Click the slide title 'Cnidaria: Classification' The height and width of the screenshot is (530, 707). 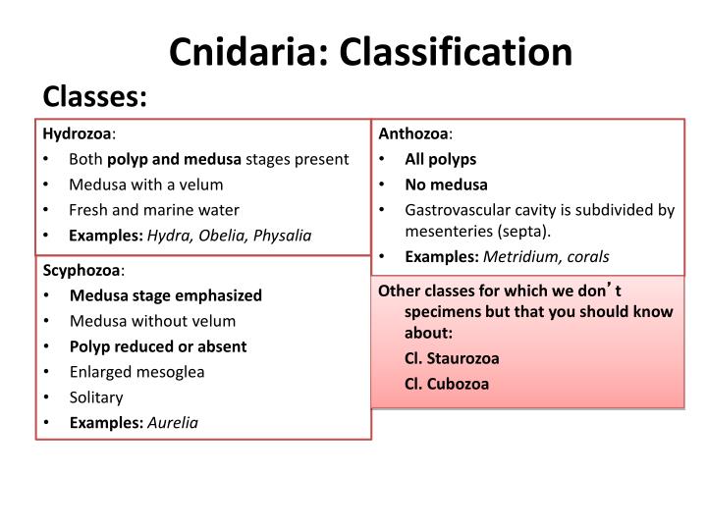[x=370, y=51]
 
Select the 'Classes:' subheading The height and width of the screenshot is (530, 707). [x=94, y=96]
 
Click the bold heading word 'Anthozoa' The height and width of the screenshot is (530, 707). [x=413, y=133]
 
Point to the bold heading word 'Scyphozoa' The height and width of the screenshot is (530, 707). [x=81, y=270]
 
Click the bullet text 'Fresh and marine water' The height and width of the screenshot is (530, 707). [x=154, y=209]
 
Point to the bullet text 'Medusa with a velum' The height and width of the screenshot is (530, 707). [x=146, y=184]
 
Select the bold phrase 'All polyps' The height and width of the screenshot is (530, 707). [x=440, y=159]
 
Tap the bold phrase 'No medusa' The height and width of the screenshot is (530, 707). [x=446, y=184]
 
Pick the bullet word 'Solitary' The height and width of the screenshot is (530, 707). [x=96, y=397]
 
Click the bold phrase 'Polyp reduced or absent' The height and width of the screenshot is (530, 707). [x=158, y=346]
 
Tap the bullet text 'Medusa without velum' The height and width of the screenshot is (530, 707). [x=152, y=321]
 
